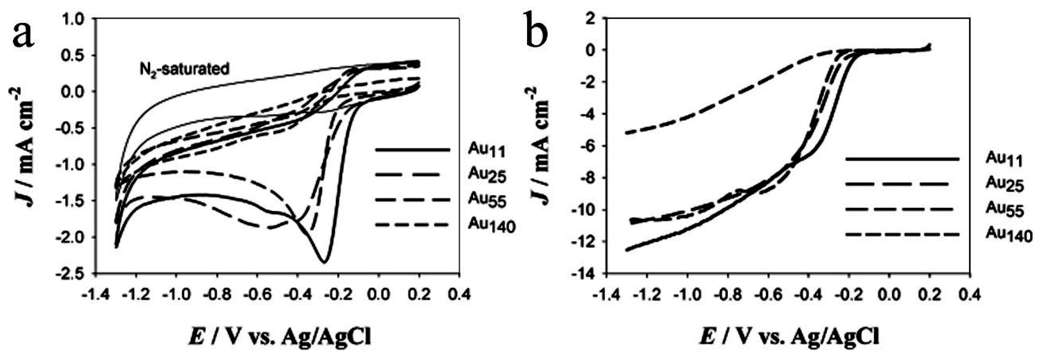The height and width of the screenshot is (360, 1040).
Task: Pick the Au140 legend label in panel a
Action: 492,226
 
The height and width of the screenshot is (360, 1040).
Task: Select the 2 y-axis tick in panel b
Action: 591,19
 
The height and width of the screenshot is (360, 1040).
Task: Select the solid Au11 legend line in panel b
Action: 902,159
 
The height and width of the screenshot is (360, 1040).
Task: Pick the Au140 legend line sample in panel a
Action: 412,225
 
